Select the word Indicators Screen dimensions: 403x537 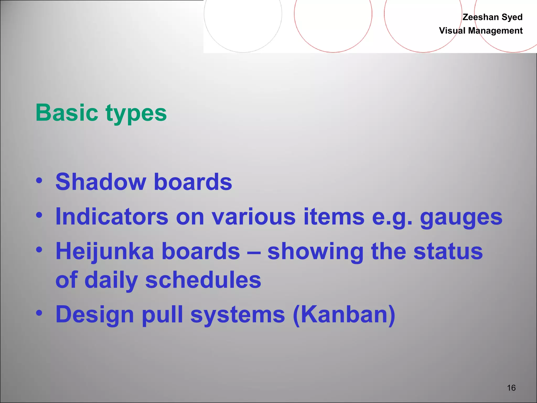click(x=112, y=216)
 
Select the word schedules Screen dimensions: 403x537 click(x=203, y=280)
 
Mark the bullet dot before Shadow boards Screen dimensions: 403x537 click(x=39, y=181)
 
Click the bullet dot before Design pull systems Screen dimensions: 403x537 click(x=39, y=313)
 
